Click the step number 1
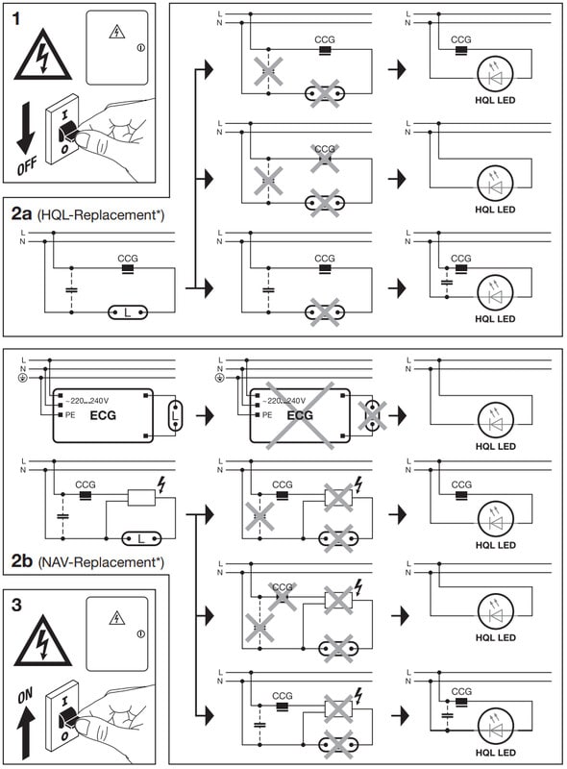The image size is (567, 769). point(16,19)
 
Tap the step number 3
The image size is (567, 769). point(16,605)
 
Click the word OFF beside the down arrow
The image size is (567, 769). point(27,166)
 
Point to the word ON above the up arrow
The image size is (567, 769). point(25,695)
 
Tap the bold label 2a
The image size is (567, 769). point(21,213)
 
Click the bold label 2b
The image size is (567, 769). point(22,560)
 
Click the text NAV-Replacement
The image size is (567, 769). point(100,561)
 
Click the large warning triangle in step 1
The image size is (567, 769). point(43,55)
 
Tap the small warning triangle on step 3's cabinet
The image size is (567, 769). point(116,618)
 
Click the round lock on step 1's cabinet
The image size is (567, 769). point(141,47)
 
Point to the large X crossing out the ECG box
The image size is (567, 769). point(300,415)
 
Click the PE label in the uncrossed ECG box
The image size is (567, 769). point(70,415)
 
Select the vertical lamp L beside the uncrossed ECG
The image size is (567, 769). point(175,416)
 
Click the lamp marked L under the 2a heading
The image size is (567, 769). point(128,312)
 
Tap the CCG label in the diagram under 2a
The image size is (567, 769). point(128,258)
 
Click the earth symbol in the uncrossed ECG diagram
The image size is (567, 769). point(21,378)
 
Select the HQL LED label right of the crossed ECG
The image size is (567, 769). point(495,446)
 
